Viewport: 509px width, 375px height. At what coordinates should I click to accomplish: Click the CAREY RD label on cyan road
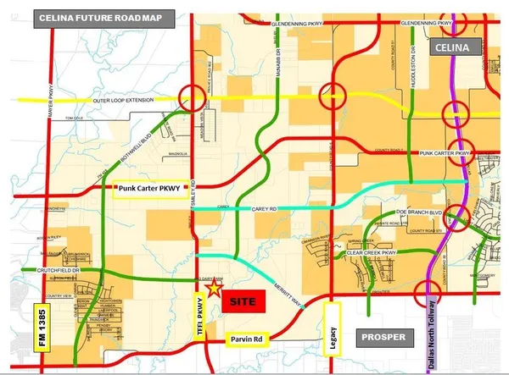(266, 208)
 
